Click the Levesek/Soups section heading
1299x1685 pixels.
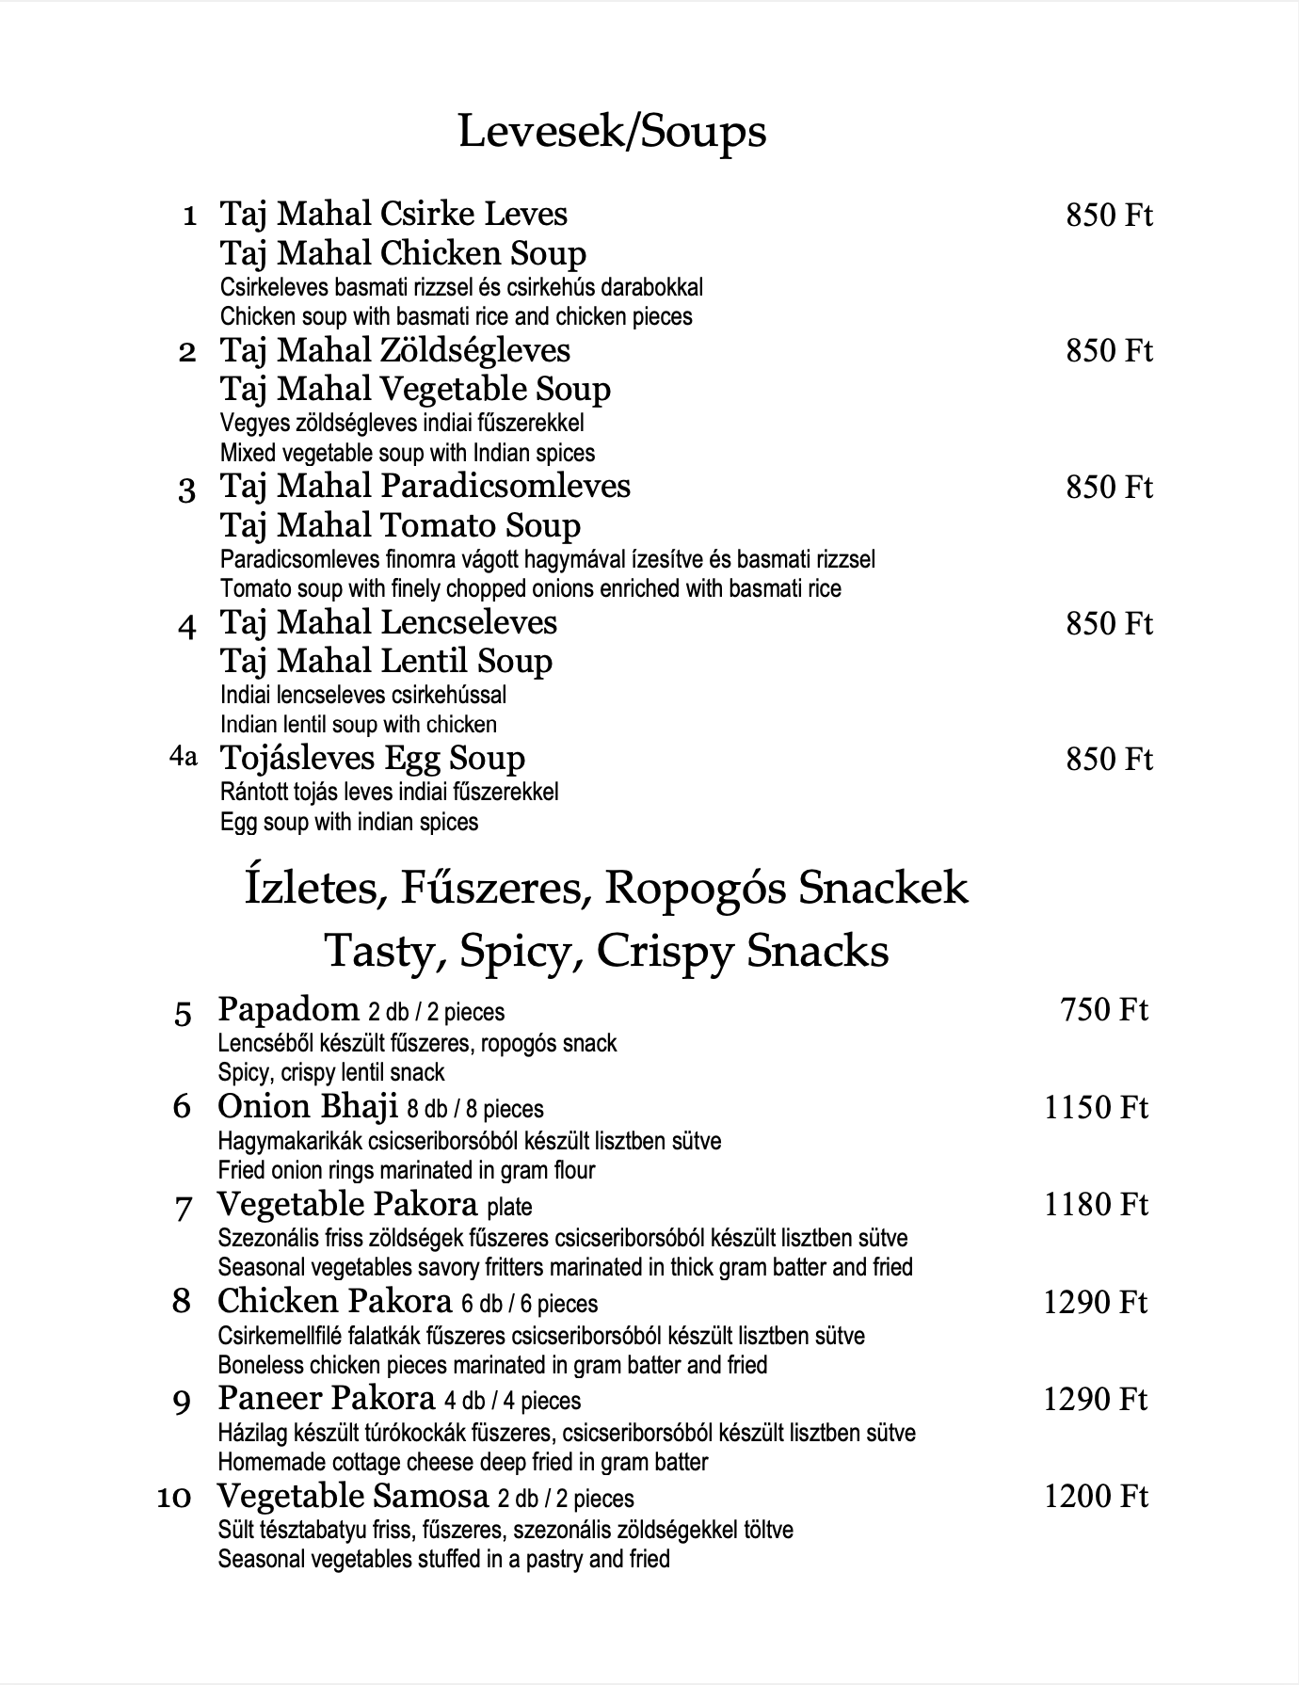(x=612, y=132)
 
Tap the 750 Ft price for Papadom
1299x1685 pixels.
(x=1104, y=1010)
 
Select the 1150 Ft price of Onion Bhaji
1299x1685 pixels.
(x=1096, y=1108)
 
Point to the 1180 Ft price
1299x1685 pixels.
(x=1096, y=1205)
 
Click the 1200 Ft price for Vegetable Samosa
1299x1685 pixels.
(x=1096, y=1497)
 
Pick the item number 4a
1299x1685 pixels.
(x=184, y=756)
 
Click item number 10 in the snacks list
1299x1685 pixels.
(x=174, y=1497)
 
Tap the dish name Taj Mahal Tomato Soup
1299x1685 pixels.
(x=400, y=525)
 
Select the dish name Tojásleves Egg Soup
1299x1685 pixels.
(x=372, y=758)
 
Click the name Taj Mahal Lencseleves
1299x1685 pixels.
(x=388, y=622)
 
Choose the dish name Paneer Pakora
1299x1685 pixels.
(x=327, y=1399)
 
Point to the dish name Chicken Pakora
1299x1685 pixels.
(x=335, y=1302)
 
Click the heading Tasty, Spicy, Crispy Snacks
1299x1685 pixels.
(x=606, y=951)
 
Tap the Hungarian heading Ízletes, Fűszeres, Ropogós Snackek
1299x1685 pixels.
(x=606, y=888)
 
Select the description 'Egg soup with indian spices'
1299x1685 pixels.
(x=348, y=822)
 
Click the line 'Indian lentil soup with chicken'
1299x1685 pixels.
(x=358, y=725)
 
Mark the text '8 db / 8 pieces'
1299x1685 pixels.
(x=475, y=1110)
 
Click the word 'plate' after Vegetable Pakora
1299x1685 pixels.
(x=509, y=1207)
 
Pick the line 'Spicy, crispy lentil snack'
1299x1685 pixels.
(x=331, y=1072)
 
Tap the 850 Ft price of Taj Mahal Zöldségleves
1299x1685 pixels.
(x=1109, y=351)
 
